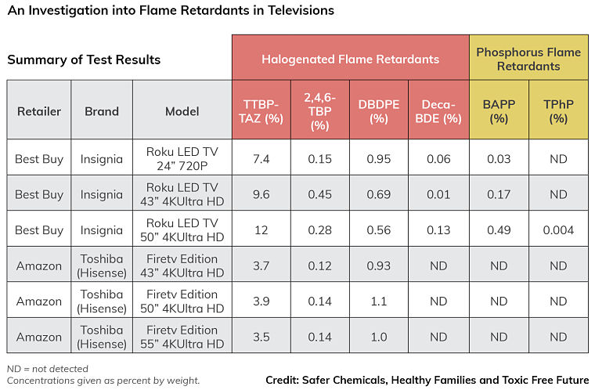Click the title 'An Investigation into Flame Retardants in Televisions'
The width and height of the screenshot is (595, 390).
coord(171,11)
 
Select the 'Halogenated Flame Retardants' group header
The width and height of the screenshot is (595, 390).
coord(350,59)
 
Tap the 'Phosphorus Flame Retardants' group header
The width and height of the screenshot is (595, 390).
coord(528,59)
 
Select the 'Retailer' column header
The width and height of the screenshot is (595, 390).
coord(39,111)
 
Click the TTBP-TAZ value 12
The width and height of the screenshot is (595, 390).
coord(261,230)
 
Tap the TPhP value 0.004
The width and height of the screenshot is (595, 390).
coord(558,230)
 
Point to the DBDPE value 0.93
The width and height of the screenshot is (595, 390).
coord(379,266)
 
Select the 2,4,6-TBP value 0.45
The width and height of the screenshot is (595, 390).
coord(319,194)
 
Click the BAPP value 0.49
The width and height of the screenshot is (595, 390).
coord(499,230)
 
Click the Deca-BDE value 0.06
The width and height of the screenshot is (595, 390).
coord(438,159)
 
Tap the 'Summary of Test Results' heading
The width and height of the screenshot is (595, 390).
coord(84,60)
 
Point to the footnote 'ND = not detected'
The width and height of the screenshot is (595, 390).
coord(47,369)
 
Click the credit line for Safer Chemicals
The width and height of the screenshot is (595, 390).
coord(427,380)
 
